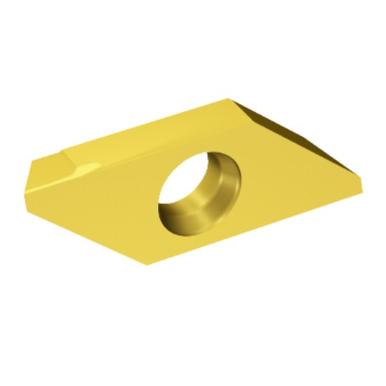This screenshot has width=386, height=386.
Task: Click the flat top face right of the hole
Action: pos(288,182)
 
